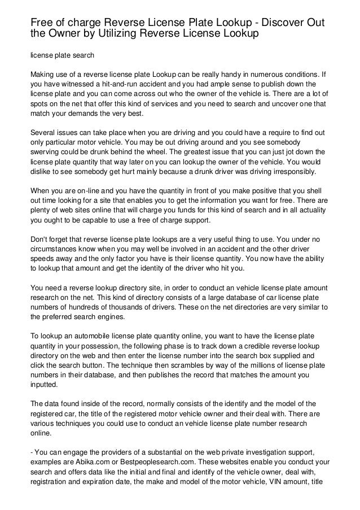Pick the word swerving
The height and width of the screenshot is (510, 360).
click(46, 152)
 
